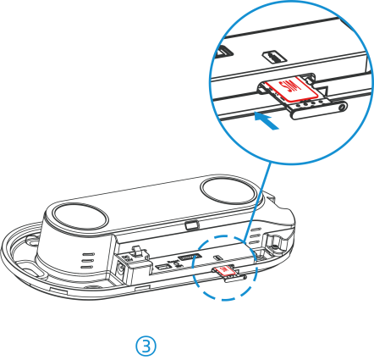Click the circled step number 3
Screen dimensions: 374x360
pyautogui.click(x=146, y=346)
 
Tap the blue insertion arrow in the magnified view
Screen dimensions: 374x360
pyautogui.click(x=267, y=121)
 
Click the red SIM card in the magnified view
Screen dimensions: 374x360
pyautogui.click(x=291, y=89)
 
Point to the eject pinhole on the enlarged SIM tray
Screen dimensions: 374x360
pyautogui.click(x=343, y=108)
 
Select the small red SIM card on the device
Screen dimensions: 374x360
pyautogui.click(x=224, y=270)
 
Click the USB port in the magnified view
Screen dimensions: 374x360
pyautogui.click(x=273, y=58)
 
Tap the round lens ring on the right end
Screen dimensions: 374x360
pyautogui.click(x=228, y=189)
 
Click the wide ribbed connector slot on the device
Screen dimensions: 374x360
pyautogui.click(x=190, y=257)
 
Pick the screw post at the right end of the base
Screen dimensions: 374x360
pyautogui.click(x=273, y=241)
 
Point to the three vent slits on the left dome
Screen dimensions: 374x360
pyautogui.click(x=87, y=260)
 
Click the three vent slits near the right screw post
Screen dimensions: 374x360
pyautogui.click(x=256, y=235)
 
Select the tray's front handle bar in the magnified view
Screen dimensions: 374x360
pyautogui.click(x=319, y=110)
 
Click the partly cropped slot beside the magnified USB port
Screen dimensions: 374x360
pyautogui.click(x=224, y=52)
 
